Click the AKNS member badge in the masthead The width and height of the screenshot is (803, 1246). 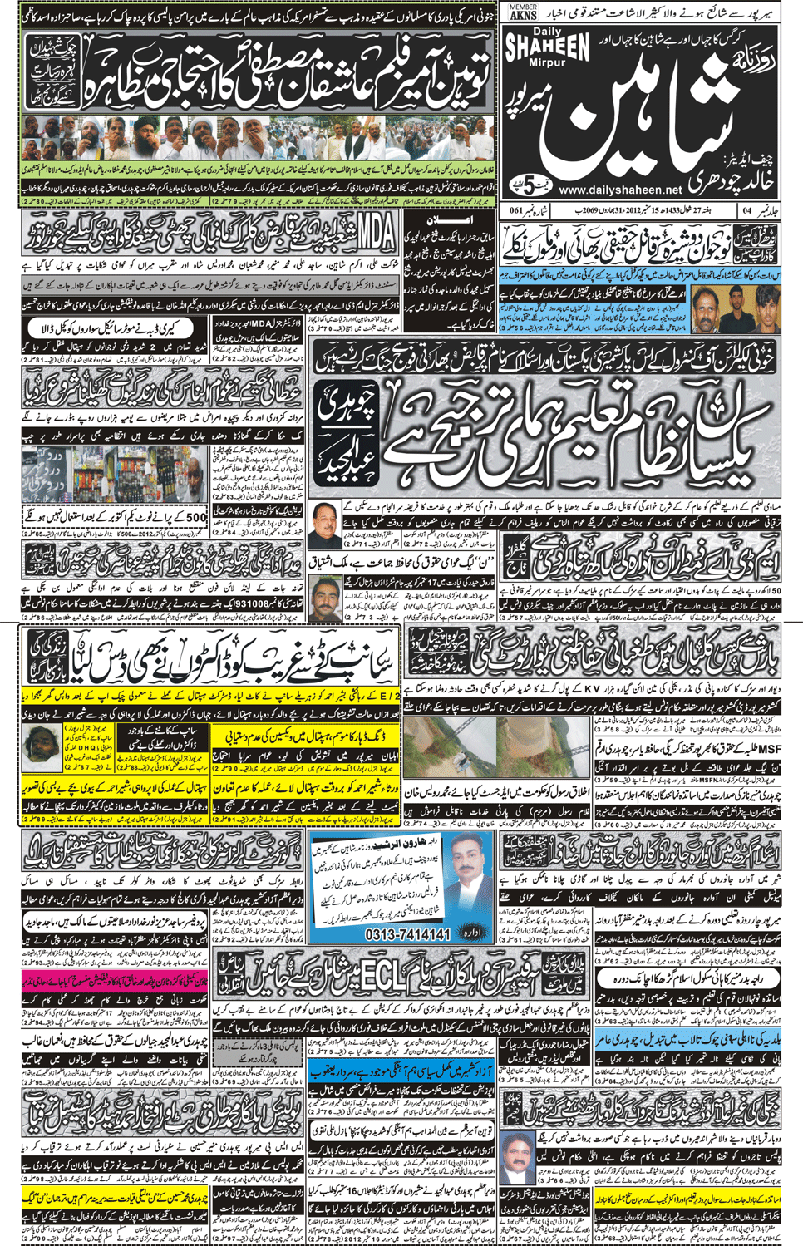523,12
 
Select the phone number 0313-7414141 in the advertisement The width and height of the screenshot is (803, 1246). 407,934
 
